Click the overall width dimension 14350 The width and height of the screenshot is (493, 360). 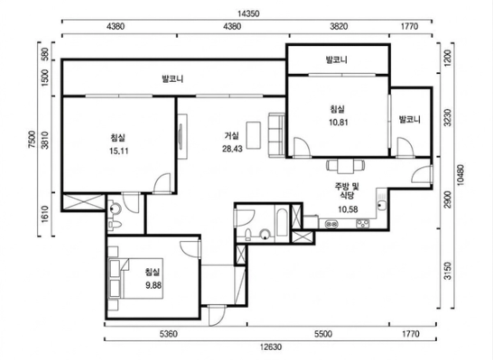point(248,14)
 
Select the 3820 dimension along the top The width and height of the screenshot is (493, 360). point(339,26)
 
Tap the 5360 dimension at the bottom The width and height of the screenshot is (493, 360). point(169,334)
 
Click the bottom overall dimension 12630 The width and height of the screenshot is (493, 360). point(271,346)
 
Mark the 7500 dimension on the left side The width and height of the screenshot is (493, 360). point(32,139)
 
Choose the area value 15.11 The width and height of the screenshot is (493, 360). point(118,151)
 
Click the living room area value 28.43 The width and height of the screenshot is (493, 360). point(232,149)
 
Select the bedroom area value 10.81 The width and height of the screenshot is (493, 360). point(339,122)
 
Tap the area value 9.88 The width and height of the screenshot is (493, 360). point(153,285)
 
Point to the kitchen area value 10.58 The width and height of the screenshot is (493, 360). point(348,209)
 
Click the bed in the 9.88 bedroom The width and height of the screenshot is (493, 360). point(135,278)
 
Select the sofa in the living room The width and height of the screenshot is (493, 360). point(276,134)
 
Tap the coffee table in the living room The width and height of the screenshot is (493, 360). point(254,134)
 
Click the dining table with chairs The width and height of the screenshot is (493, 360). point(346,165)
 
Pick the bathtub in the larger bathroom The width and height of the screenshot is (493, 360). point(281,223)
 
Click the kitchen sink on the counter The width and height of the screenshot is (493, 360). point(382,206)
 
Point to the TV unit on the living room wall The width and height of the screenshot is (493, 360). point(182,136)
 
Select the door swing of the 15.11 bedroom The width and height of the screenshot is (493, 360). point(163,183)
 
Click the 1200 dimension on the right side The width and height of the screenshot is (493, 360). point(448,58)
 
